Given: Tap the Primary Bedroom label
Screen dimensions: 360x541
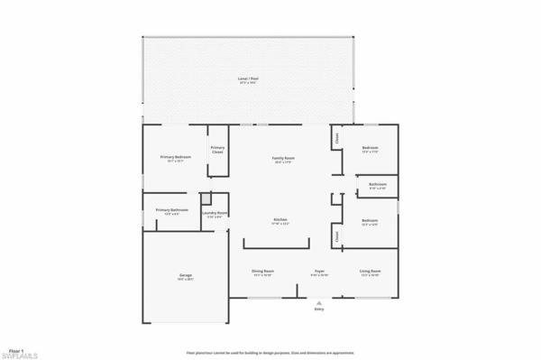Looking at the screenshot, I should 176,157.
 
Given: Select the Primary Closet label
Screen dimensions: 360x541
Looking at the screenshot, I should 217,150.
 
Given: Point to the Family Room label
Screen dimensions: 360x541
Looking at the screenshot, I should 284,158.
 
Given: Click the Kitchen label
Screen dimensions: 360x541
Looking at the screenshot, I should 281,220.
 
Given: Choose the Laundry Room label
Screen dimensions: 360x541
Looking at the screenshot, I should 215,214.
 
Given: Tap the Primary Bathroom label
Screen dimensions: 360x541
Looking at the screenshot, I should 167,210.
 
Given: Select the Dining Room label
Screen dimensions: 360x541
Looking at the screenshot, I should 263,271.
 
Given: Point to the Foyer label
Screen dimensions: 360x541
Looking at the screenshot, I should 319,271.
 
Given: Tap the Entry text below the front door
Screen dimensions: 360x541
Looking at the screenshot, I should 318,309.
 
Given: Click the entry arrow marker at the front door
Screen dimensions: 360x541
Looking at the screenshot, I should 318,302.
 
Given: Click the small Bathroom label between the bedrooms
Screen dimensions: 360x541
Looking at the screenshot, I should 377,184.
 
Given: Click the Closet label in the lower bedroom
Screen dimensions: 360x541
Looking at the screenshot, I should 337,236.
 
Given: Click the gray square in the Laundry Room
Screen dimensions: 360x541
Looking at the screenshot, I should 206,198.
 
